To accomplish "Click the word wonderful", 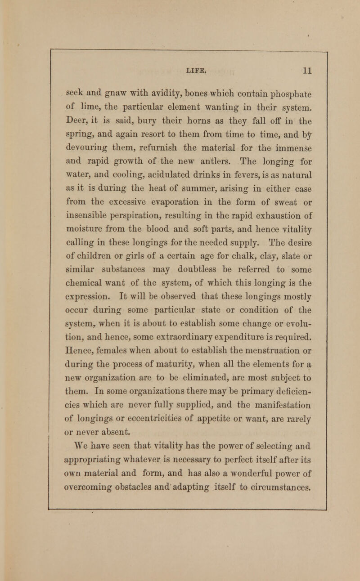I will pos(246,434).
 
